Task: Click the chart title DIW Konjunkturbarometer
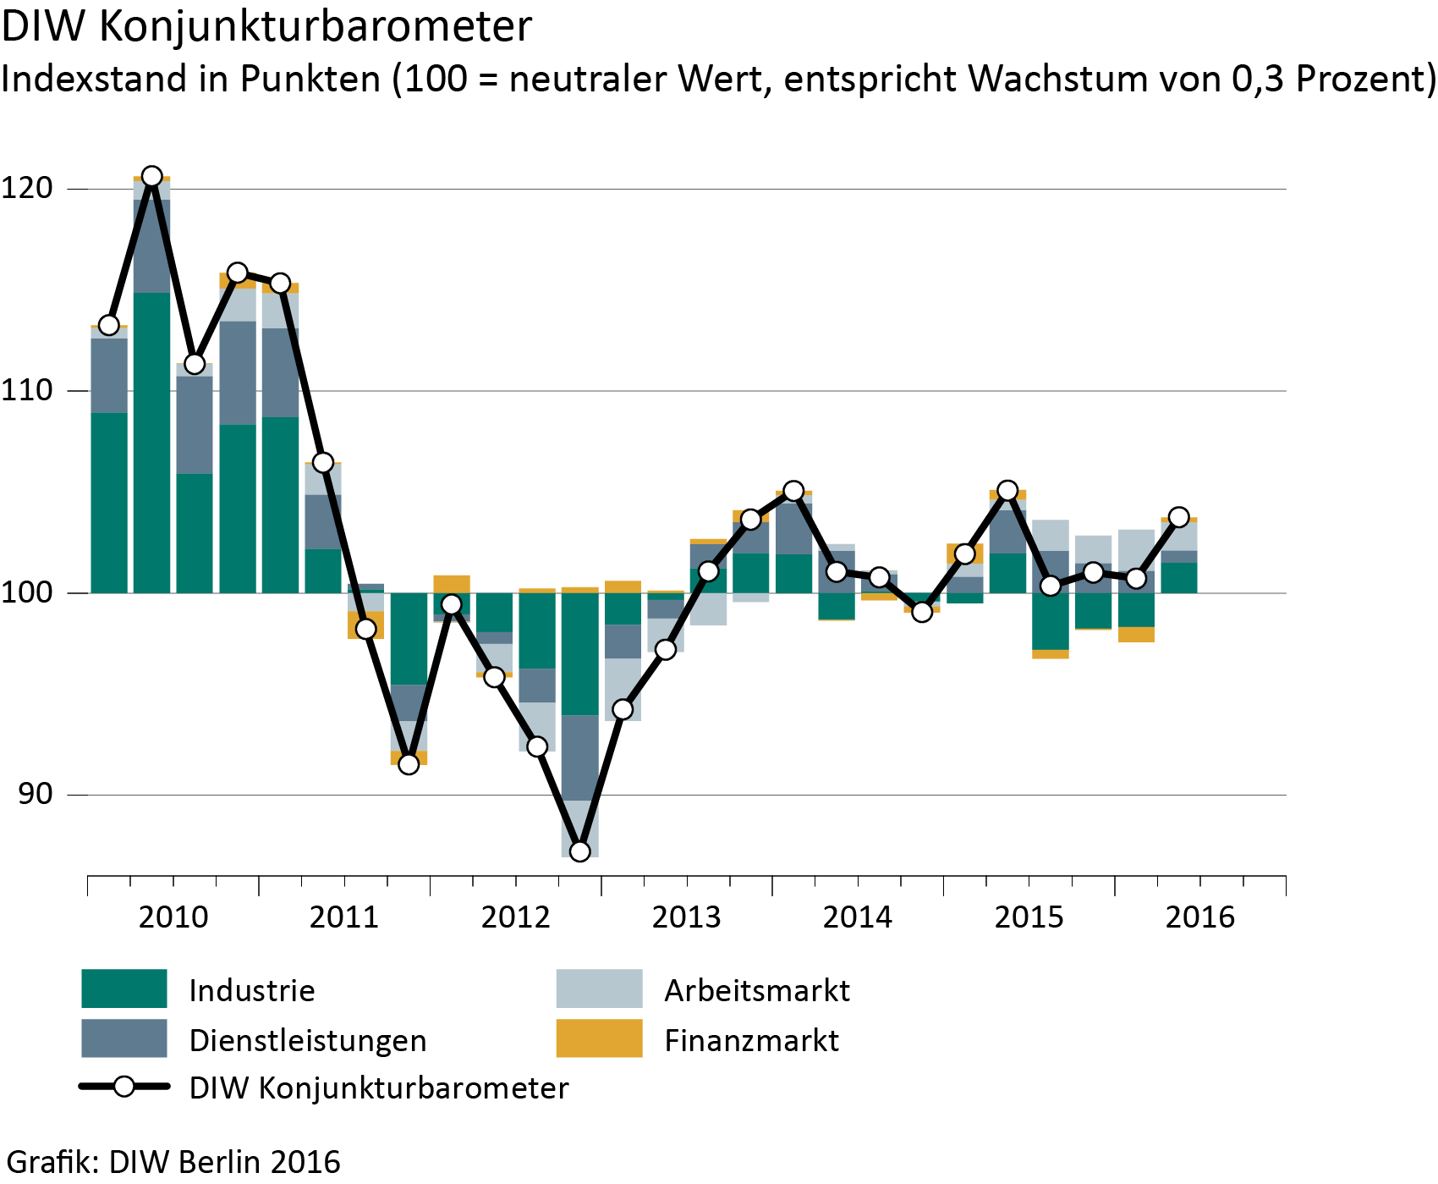[x=266, y=27]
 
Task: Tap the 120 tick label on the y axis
[x=27, y=188]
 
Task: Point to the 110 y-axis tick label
[x=27, y=390]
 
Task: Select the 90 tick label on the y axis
[x=34, y=794]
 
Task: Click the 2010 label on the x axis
[x=173, y=917]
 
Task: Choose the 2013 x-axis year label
[x=686, y=917]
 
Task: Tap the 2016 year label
[x=1199, y=917]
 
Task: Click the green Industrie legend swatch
[x=123, y=989]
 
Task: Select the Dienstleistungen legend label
[x=308, y=1040]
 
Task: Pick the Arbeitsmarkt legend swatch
[x=599, y=989]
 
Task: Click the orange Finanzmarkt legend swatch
[x=599, y=1038]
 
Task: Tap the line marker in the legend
[x=124, y=1087]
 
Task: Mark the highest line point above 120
[x=152, y=176]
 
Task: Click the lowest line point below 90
[x=579, y=851]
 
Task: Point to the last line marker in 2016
[x=1178, y=517]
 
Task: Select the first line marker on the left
[x=109, y=325]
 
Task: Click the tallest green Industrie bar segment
[x=152, y=442]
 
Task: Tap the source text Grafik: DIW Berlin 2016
[x=173, y=1162]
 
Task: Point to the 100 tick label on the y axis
[x=27, y=592]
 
